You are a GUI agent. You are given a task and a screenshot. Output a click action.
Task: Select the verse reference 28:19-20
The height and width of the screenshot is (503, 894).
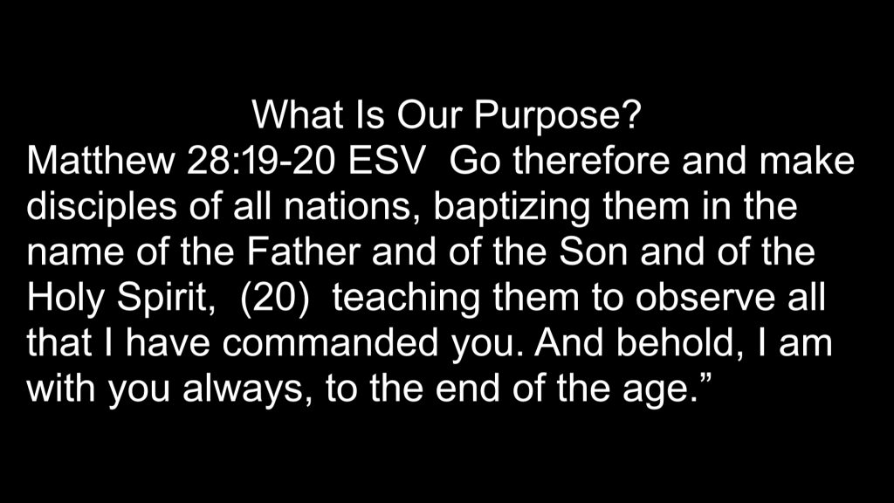pyautogui.click(x=260, y=161)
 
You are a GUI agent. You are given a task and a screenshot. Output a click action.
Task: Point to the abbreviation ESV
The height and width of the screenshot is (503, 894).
pyautogui.click(x=387, y=161)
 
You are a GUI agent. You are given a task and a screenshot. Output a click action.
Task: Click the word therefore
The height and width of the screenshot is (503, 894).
pyautogui.click(x=591, y=161)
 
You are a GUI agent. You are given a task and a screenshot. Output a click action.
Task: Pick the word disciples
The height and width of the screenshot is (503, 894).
pyautogui.click(x=101, y=206)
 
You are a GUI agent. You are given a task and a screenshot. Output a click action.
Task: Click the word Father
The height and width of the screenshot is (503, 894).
pyautogui.click(x=303, y=252)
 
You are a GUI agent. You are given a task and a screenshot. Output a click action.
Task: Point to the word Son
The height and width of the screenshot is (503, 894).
pyautogui.click(x=593, y=252)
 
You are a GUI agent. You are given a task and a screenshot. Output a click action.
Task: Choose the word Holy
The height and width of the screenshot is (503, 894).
pyautogui.click(x=65, y=299)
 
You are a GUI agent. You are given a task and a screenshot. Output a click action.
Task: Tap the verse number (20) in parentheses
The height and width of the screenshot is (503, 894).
pyautogui.click(x=275, y=299)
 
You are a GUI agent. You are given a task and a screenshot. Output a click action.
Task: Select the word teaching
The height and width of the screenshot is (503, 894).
pyautogui.click(x=406, y=299)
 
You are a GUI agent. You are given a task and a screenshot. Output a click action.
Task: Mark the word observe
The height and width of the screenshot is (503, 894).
pyautogui.click(x=705, y=298)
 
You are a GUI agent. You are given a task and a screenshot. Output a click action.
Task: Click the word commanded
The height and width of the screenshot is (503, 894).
pyautogui.click(x=330, y=343)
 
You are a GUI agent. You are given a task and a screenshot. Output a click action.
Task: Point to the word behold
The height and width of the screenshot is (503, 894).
pyautogui.click(x=681, y=344)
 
